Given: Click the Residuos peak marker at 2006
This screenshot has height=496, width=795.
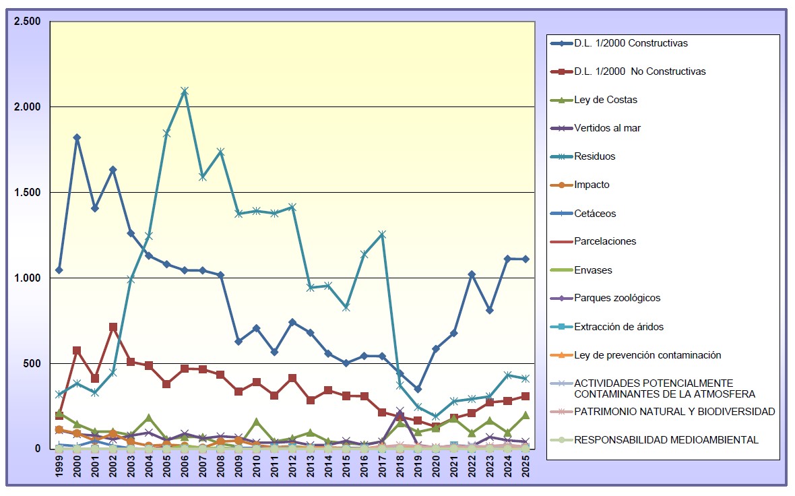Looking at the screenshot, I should (184, 91).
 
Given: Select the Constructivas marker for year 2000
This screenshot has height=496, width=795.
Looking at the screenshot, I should (77, 137).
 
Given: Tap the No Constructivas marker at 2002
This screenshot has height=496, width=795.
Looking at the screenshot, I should (113, 327).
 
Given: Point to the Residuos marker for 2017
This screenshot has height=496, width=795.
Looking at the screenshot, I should (381, 235).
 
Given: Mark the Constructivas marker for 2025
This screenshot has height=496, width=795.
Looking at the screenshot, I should (525, 259).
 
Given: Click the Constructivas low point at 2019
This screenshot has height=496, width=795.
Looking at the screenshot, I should (418, 389).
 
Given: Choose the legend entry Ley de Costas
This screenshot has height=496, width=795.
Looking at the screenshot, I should (605, 100).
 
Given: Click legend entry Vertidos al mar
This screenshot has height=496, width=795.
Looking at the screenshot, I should (607, 128).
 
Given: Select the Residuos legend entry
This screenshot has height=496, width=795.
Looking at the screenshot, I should (594, 156).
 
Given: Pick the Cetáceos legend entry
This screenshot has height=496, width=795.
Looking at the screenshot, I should (595, 214).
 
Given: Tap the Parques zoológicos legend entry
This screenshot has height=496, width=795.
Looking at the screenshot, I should (617, 298).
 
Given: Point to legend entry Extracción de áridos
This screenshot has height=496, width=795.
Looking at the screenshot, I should (618, 327).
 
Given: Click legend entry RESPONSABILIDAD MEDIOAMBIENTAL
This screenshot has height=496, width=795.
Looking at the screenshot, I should (666, 440).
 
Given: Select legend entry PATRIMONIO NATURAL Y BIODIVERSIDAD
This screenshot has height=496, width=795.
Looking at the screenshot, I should (674, 412).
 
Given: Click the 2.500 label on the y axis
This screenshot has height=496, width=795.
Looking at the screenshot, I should (28, 22).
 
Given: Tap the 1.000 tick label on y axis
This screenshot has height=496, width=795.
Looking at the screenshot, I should (28, 278).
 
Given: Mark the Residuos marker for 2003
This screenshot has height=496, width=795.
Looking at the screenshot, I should (131, 279).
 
